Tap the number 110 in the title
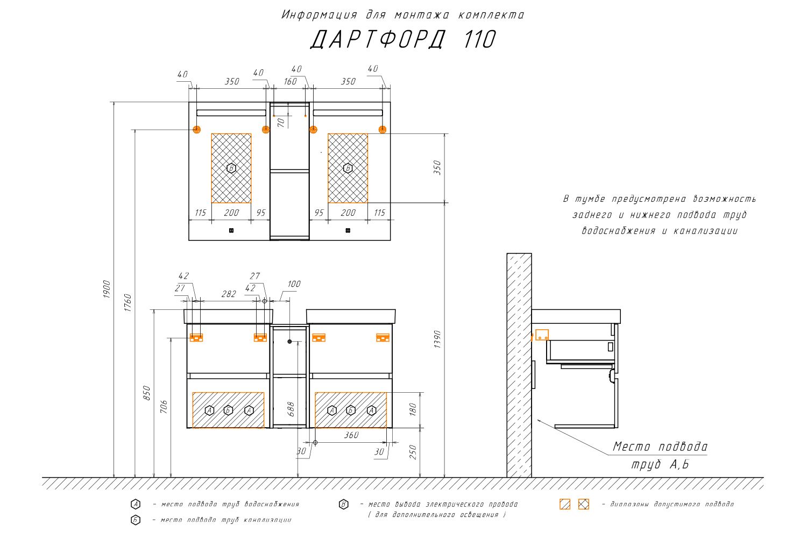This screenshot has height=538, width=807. point(479,39)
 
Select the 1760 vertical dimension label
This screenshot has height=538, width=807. point(128,303)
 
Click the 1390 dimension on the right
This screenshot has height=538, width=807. point(437,339)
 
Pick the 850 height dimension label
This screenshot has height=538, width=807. point(147,393)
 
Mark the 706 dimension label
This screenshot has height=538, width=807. point(164,406)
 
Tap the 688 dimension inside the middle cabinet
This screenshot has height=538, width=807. point(291,409)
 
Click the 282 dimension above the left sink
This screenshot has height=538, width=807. point(229,294)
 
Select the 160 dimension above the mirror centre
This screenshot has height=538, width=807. point(290,82)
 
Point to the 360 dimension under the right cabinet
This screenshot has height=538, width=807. point(351,435)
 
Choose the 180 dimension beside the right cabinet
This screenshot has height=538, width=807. point(413,409)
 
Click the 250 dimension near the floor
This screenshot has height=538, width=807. point(413,452)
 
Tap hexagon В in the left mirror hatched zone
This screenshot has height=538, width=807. point(231,168)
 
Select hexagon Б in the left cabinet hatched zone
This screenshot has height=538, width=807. point(228,410)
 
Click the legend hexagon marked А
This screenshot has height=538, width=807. point(136,504)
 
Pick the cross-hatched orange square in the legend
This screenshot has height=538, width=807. point(584,504)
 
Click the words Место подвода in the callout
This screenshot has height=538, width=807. point(660,447)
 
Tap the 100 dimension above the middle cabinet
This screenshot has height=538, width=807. point(294,284)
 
